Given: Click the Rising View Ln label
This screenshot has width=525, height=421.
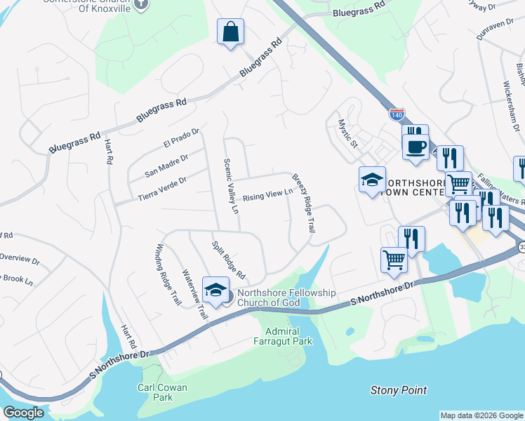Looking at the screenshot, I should coord(267,196).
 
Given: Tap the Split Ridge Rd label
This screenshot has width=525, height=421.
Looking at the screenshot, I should coord(227,258).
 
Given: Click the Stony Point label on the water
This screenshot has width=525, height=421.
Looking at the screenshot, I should coord(398,390).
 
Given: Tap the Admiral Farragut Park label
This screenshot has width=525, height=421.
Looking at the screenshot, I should coord(282,336).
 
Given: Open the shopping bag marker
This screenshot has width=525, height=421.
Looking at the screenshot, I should coord(230,32).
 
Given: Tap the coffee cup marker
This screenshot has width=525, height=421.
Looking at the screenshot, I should coord(416,146).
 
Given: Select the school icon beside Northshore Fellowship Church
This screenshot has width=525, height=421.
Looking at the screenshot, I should coord(216,290).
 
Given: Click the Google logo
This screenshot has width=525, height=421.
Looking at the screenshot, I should coord(23,413).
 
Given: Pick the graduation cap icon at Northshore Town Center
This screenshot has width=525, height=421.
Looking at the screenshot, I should coord(372,180).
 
